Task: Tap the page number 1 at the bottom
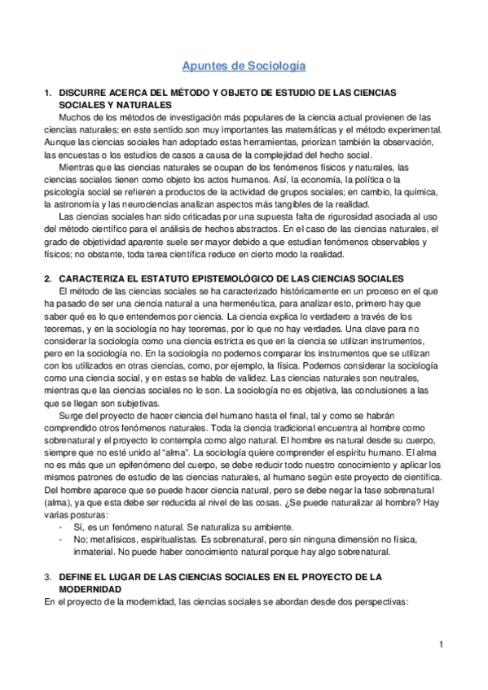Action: coord(440,646)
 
